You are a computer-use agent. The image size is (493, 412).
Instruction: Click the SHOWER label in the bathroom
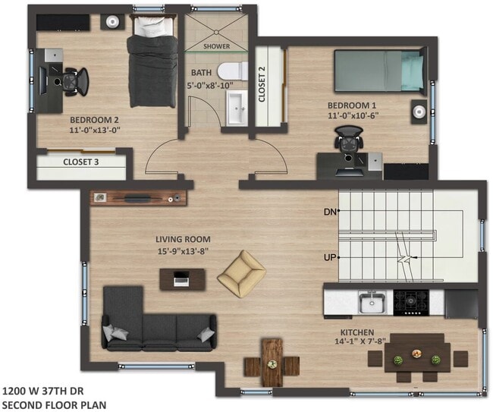(x=217, y=46)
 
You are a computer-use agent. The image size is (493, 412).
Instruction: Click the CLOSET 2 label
(x=262, y=84)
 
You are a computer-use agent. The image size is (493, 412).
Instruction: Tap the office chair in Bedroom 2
(x=72, y=79)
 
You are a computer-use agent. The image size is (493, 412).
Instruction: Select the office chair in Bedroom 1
(x=348, y=143)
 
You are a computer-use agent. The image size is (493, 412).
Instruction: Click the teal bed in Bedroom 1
(x=379, y=71)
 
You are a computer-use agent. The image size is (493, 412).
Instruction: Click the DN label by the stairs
(x=330, y=211)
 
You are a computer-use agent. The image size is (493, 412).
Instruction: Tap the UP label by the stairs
(x=330, y=257)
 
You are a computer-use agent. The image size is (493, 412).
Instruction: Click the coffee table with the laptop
(x=181, y=279)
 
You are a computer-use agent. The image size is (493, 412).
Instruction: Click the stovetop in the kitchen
(x=414, y=303)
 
